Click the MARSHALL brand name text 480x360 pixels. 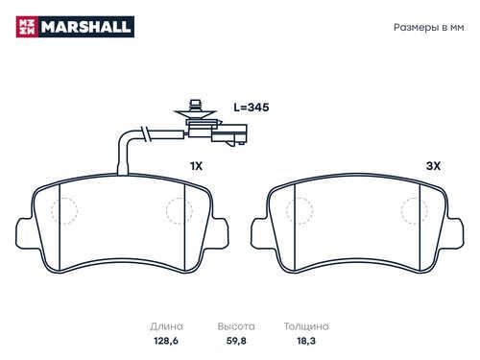click(x=85, y=27)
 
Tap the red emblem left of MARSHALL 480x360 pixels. click(x=27, y=27)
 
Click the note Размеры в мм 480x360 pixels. click(x=428, y=28)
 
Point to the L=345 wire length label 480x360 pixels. click(x=251, y=108)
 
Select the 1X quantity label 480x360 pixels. click(x=196, y=166)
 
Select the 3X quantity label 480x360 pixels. click(x=433, y=166)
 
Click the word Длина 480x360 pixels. click(x=166, y=326)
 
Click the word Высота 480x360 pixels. click(x=236, y=326)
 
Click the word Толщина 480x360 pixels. click(x=306, y=326)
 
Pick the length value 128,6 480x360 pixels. click(x=166, y=341)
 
